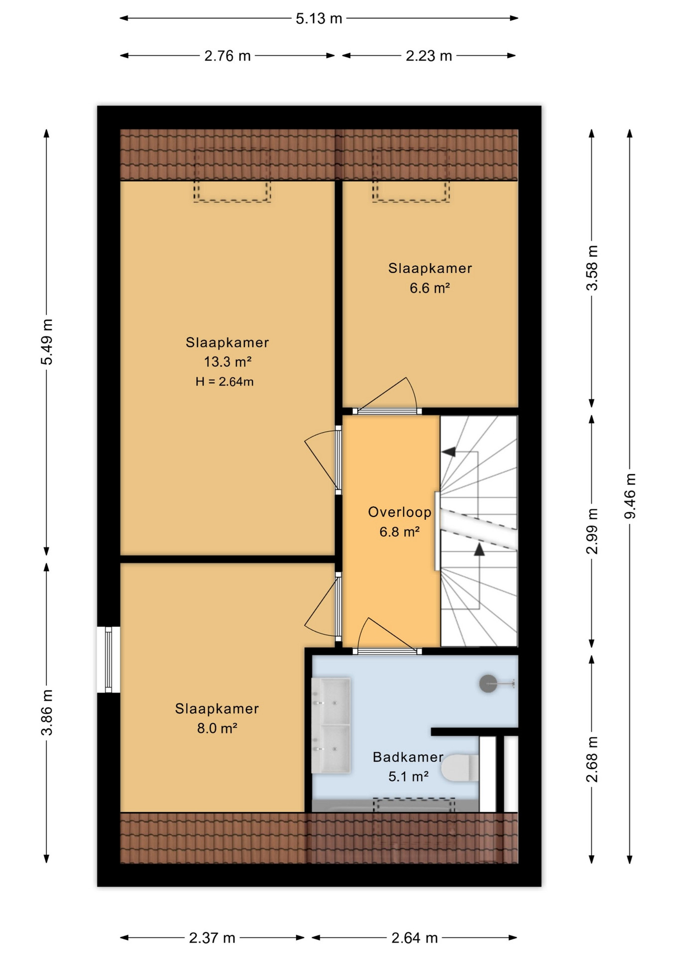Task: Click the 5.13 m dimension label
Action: click(x=319, y=19)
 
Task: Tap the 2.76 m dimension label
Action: click(x=227, y=56)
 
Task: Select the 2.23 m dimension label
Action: click(x=429, y=56)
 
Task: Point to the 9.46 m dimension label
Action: click(x=630, y=495)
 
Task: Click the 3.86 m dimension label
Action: click(x=47, y=712)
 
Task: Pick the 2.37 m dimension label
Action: click(x=212, y=938)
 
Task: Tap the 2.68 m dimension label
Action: click(x=592, y=759)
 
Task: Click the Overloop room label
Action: click(x=399, y=512)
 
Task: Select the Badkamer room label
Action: click(x=408, y=757)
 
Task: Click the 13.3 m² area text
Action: click(x=227, y=361)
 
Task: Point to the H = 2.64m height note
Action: click(x=225, y=382)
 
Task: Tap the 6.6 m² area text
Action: click(x=430, y=288)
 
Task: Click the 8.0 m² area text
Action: click(x=217, y=728)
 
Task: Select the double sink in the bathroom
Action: click(x=331, y=725)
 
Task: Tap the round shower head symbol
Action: click(x=488, y=684)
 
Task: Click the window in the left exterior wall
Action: click(x=109, y=659)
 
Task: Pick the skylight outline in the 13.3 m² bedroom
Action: click(x=232, y=175)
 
